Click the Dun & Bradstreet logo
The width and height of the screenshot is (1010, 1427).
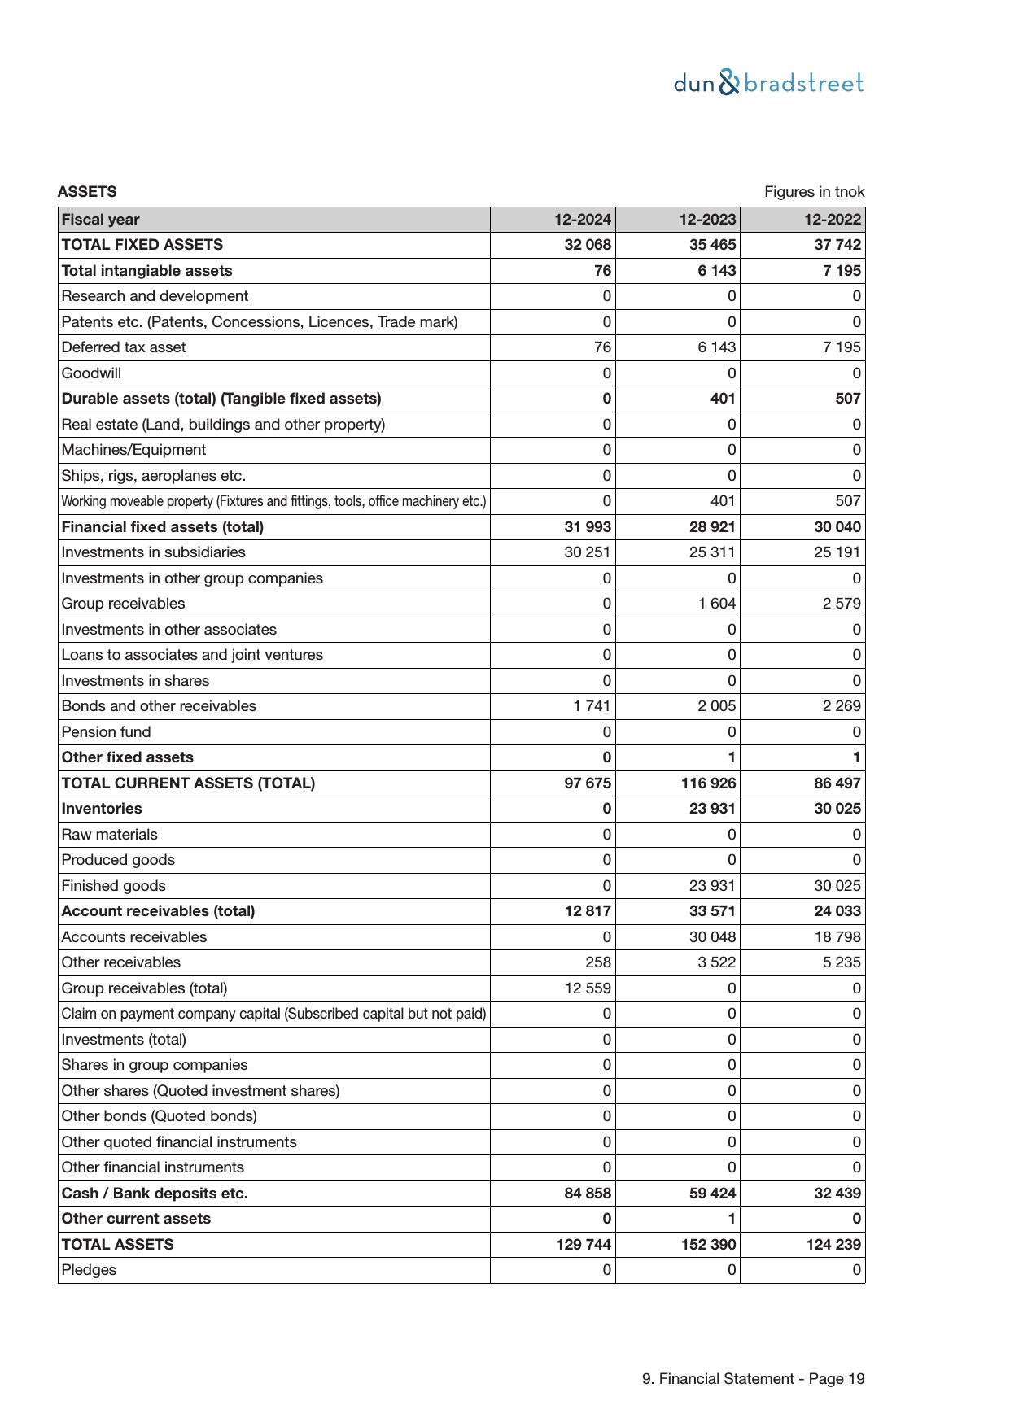(768, 83)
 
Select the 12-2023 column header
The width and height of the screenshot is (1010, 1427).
(707, 220)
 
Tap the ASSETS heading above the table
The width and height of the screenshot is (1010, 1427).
(87, 192)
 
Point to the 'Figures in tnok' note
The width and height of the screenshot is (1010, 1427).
(814, 192)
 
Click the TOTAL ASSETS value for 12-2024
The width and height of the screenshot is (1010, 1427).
(584, 1244)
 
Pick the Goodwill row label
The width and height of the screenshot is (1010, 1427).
(91, 373)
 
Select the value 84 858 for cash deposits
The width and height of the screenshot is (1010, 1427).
(588, 1193)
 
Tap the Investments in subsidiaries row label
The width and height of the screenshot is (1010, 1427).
(153, 552)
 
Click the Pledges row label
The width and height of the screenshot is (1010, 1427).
(89, 1270)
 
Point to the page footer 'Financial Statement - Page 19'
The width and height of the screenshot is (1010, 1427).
(753, 1379)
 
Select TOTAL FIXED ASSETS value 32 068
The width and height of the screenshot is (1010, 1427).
(588, 245)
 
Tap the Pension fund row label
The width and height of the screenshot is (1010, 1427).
(106, 731)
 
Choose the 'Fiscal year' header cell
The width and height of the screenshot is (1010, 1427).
(100, 220)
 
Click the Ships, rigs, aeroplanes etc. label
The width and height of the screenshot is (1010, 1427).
(153, 476)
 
